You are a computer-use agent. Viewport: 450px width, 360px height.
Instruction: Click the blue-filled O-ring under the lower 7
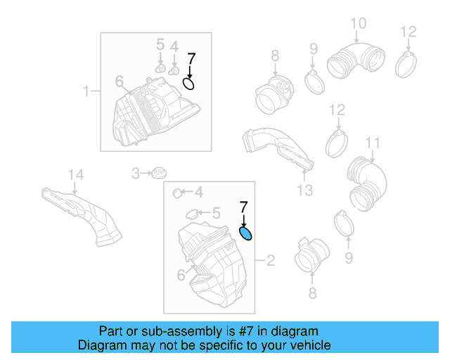click(x=246, y=233)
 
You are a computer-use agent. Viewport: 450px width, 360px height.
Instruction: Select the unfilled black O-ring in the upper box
click(x=188, y=84)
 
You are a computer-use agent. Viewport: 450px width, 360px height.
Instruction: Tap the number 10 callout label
click(x=358, y=24)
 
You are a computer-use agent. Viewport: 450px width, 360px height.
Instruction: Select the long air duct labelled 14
click(x=84, y=212)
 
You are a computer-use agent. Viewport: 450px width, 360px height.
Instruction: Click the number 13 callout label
click(x=304, y=190)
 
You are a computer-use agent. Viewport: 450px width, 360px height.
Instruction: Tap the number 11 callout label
click(x=372, y=143)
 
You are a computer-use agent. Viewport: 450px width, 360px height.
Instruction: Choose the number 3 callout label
click(x=137, y=172)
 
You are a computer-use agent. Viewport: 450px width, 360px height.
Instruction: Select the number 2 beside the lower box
click(x=270, y=262)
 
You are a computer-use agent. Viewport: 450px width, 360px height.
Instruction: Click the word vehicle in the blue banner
click(x=308, y=345)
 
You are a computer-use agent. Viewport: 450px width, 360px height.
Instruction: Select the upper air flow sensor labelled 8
click(x=272, y=94)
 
